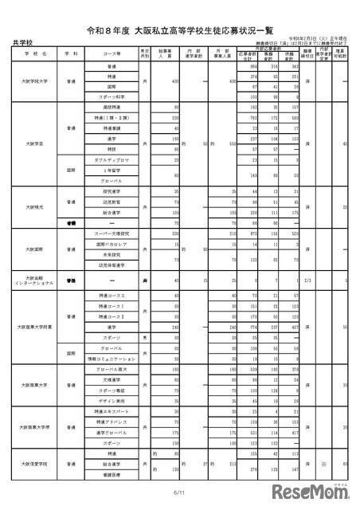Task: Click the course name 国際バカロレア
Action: [112, 246]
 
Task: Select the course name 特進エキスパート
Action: [112, 410]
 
